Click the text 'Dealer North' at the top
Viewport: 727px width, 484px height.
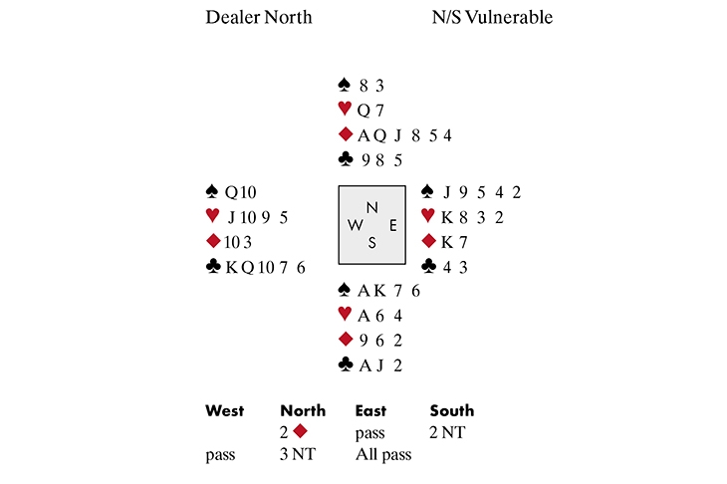[258, 17]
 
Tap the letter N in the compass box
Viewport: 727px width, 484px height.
[372, 207]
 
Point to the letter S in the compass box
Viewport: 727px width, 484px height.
[372, 242]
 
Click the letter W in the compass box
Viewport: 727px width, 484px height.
[355, 225]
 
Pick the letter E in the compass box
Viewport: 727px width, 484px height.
[393, 225]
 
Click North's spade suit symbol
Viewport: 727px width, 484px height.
[345, 85]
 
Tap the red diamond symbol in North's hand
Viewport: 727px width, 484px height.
[345, 134]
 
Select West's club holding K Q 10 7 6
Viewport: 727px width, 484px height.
[264, 266]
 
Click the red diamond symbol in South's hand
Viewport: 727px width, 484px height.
[345, 339]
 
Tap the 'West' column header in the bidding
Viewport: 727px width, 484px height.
[224, 410]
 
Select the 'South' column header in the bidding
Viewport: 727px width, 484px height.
[451, 410]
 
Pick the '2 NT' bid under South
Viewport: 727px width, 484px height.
[447, 432]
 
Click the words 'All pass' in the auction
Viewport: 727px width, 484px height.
[383, 454]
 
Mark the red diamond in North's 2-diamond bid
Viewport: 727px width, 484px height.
[300, 432]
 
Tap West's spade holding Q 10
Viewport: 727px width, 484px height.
[243, 192]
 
